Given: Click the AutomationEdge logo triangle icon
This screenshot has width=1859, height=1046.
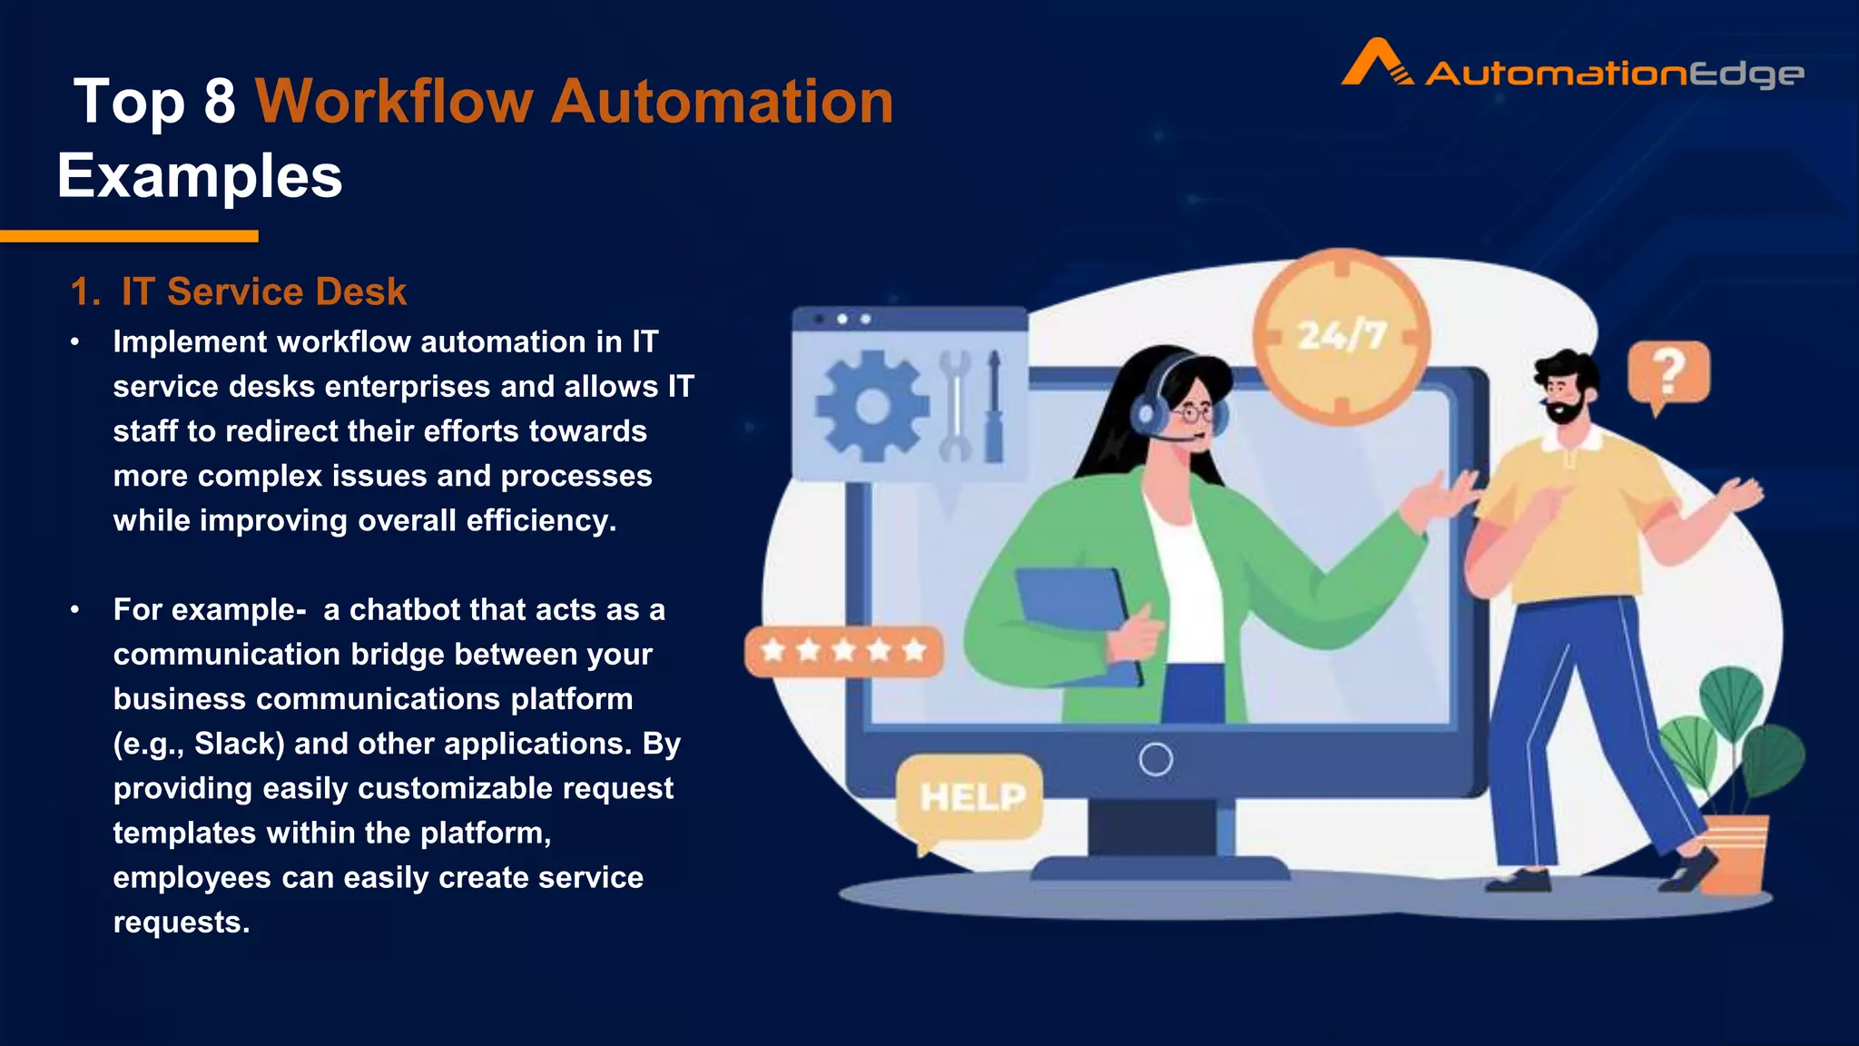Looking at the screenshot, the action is [1376, 64].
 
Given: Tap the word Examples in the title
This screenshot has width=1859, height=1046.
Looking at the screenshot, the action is [200, 175].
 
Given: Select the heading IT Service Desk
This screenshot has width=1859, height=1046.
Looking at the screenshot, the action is [263, 291].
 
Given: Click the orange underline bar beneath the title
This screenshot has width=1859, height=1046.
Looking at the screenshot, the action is [129, 236].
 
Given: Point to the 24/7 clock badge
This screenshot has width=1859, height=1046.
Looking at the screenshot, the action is [1342, 336].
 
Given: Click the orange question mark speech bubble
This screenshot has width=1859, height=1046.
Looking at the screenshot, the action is [1668, 372].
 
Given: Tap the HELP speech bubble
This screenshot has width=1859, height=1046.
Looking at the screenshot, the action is [970, 797].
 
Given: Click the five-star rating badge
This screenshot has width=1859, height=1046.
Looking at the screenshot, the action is [843, 650].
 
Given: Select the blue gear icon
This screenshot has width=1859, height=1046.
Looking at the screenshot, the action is [871, 405].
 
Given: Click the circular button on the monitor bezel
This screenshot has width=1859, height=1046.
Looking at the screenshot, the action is [1156, 759].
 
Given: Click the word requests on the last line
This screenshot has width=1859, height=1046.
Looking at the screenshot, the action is [181, 922].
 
